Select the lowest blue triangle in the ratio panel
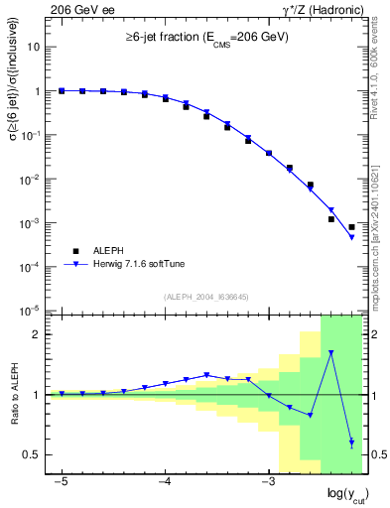(x=351, y=443)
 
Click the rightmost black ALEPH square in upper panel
(x=351, y=227)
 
